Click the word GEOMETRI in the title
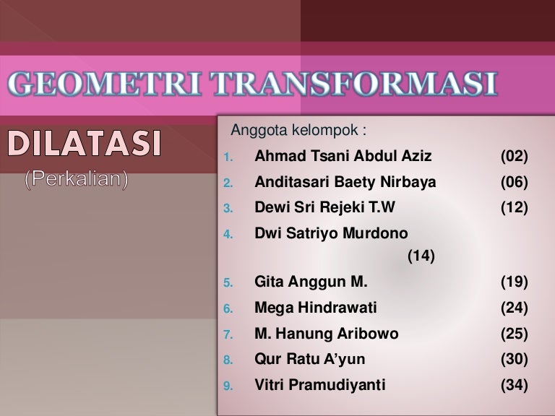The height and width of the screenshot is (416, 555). click(104, 84)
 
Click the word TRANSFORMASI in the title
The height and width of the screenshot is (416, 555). click(353, 84)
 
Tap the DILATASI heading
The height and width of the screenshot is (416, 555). click(85, 143)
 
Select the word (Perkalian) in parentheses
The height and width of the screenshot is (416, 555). click(77, 178)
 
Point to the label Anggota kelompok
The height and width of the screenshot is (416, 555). click(298, 130)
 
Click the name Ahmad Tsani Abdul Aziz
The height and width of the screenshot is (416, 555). click(343, 156)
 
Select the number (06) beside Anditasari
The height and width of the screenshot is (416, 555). click(515, 182)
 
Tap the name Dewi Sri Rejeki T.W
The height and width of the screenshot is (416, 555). click(324, 207)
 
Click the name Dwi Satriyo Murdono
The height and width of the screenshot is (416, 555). click(331, 233)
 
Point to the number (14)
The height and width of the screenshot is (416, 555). click(421, 256)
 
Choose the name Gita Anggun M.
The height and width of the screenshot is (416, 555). click(311, 282)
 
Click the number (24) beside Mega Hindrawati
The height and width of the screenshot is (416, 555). click(515, 308)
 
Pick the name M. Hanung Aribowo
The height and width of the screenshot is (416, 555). click(327, 334)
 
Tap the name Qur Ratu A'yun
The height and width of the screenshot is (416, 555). click(310, 359)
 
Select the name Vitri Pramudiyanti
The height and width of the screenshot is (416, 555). click(319, 385)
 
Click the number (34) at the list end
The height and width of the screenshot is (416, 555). click(515, 385)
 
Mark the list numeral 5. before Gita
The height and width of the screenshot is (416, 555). click(228, 283)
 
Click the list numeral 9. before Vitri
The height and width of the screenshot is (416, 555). click(228, 386)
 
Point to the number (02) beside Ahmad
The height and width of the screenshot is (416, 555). click(515, 156)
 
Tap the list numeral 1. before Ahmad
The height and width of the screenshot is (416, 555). click(228, 157)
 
